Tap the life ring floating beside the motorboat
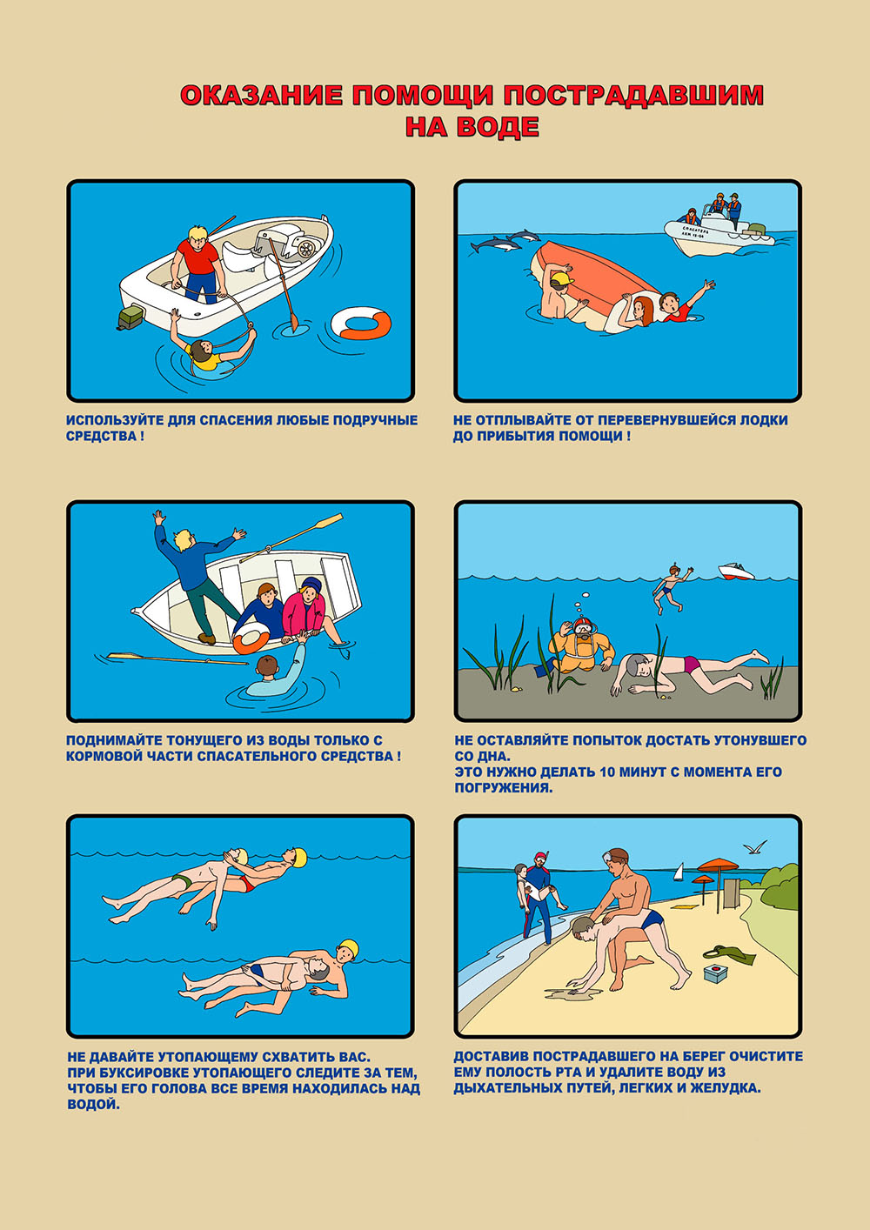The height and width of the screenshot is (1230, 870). tap(361, 323)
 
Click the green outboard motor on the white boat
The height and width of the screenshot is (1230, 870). tap(130, 318)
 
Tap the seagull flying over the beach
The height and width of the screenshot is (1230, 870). tap(754, 847)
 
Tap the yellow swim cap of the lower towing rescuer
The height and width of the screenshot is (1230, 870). tap(348, 947)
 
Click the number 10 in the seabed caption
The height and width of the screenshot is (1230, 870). tap(608, 772)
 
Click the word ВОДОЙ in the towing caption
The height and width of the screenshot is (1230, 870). tap(94, 1104)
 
